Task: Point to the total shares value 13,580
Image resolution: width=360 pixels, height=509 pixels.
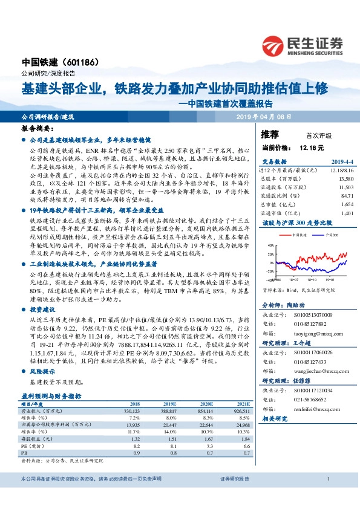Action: tap(329, 179)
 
